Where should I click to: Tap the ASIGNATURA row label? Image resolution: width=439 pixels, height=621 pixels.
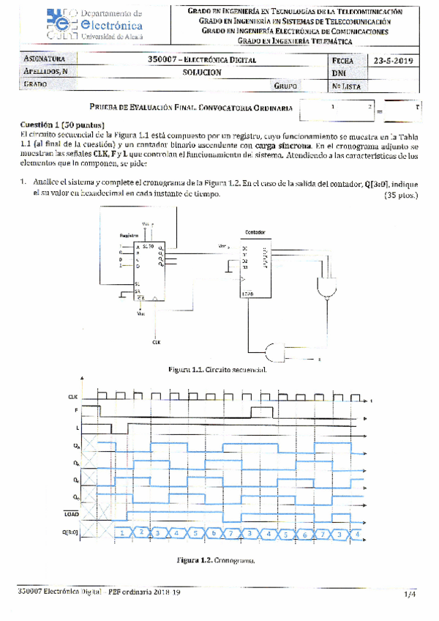45,60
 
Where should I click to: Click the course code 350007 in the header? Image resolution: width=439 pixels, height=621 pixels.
162,60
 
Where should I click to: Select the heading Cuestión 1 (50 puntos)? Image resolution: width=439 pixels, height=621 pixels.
62,124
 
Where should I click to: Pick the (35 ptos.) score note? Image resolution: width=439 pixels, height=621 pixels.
398,196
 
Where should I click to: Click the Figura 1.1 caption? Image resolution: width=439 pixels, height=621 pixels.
217,369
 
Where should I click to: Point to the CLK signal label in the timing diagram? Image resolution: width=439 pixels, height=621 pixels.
73,396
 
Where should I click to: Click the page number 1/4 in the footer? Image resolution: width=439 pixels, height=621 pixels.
409,595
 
